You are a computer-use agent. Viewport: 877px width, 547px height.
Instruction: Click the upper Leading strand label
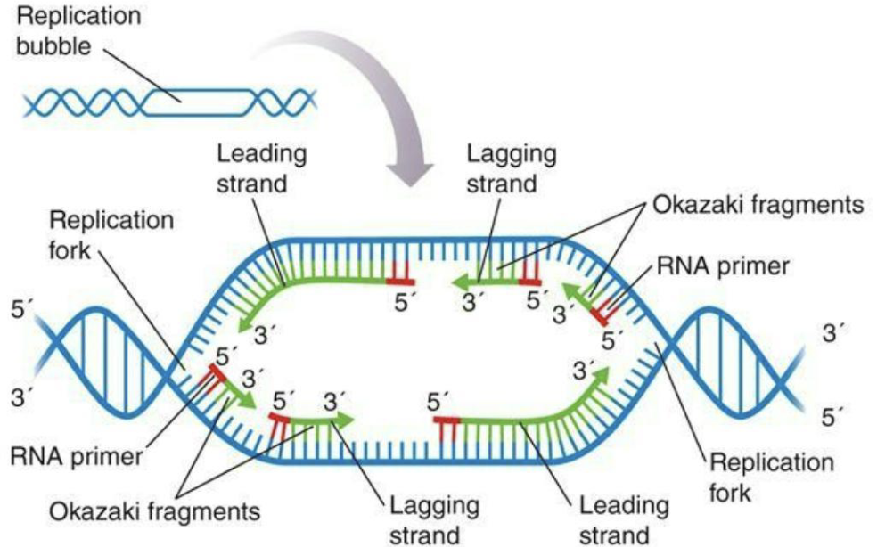(262, 168)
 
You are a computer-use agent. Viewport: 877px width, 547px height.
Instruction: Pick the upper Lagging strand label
(512, 168)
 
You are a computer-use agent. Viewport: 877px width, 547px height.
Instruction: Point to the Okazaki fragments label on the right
(758, 204)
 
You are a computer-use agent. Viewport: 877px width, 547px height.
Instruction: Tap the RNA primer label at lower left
(77, 457)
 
